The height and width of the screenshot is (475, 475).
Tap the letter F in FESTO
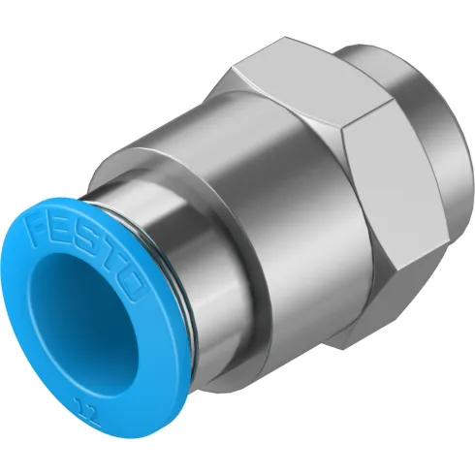(x=44, y=232)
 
